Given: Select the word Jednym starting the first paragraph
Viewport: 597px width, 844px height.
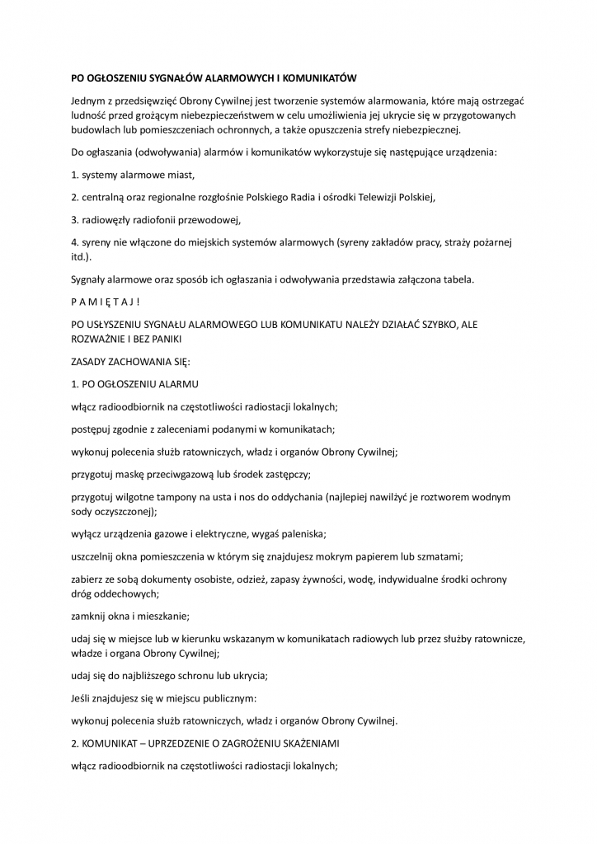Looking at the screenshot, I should point(89,100).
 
